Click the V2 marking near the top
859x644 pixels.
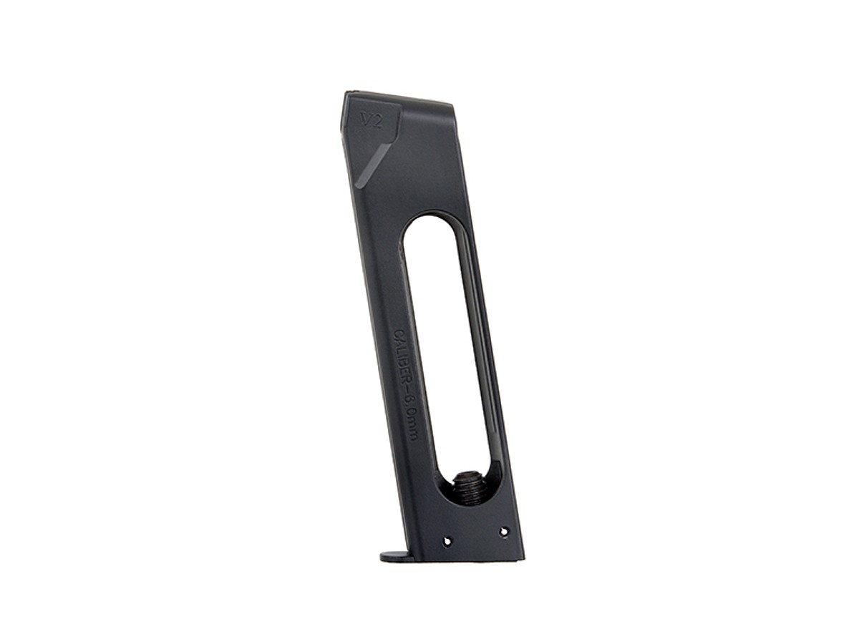click(371, 121)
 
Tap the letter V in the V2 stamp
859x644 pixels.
click(366, 121)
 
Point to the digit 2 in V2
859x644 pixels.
click(377, 121)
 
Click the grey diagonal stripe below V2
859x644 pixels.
click(373, 165)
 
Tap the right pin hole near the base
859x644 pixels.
click(503, 532)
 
